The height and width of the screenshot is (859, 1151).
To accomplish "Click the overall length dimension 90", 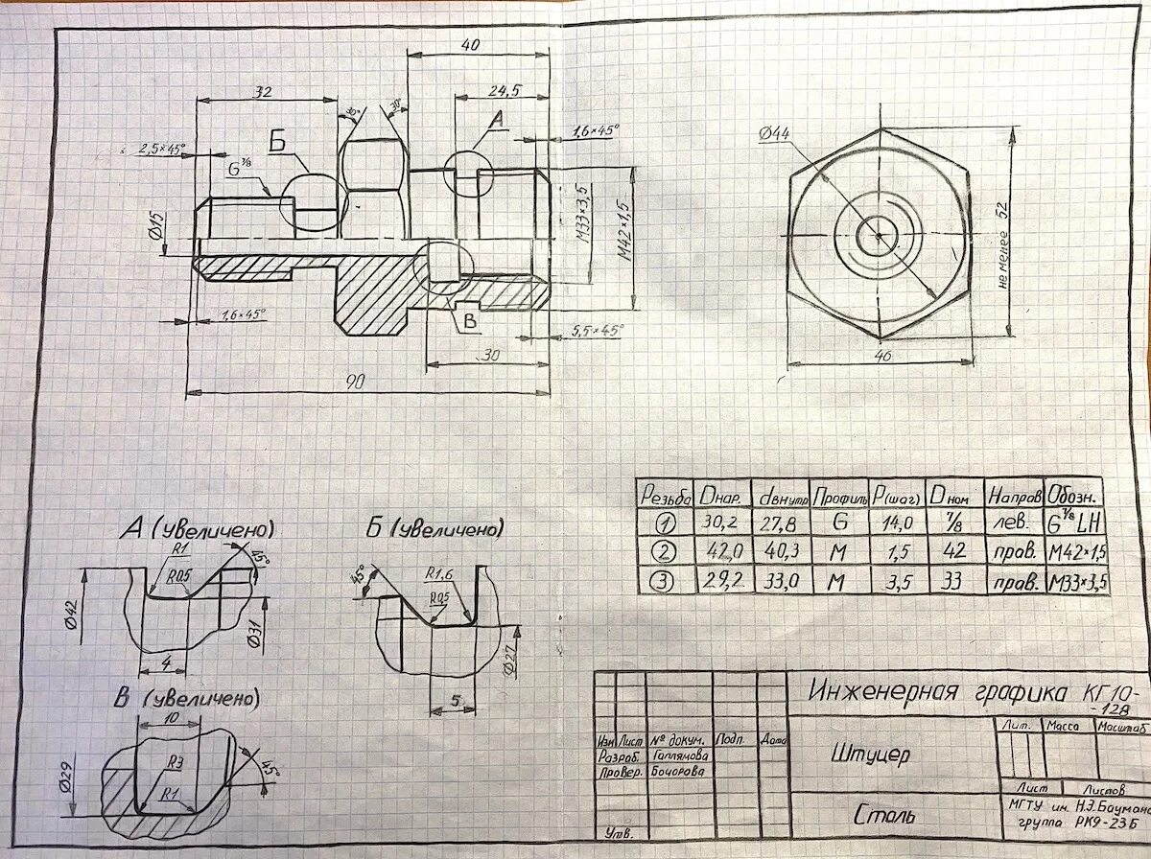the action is point(355,383).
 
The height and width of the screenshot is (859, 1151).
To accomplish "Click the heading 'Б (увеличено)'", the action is point(434,529).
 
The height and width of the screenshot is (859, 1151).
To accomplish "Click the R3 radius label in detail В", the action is point(176,762).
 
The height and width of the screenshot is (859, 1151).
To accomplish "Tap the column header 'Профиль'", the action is point(839,498).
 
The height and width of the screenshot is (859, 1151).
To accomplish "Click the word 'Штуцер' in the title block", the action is point(871,755).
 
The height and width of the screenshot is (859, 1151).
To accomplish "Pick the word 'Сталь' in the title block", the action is point(882,816).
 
